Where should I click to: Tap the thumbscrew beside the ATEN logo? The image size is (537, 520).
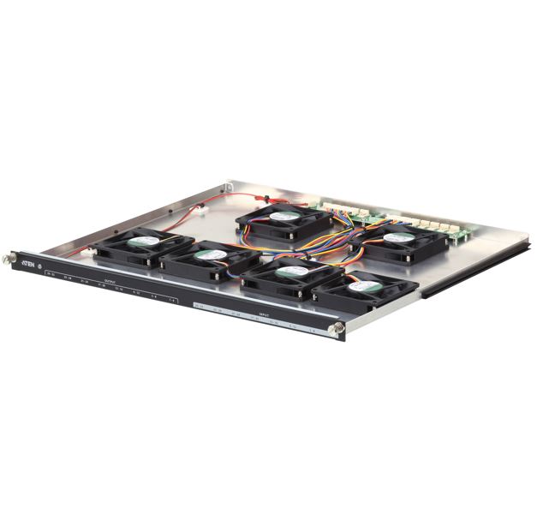(x=11, y=257)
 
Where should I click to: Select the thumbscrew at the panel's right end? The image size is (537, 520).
(x=340, y=328)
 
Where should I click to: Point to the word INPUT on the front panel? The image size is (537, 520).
(x=265, y=315)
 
